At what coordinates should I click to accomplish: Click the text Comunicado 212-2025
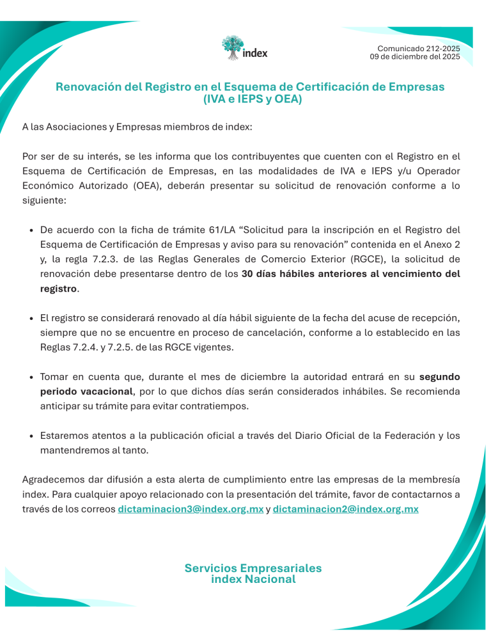pos(418,49)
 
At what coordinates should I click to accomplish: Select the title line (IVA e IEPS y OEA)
pos(252,100)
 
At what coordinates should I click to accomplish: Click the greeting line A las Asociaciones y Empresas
pos(137,127)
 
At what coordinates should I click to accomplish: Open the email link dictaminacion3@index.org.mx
pos(191,509)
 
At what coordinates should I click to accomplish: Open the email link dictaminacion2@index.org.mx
pos(345,509)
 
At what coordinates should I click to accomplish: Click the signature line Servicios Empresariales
pos(253,568)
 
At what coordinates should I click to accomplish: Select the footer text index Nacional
pos(253,580)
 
